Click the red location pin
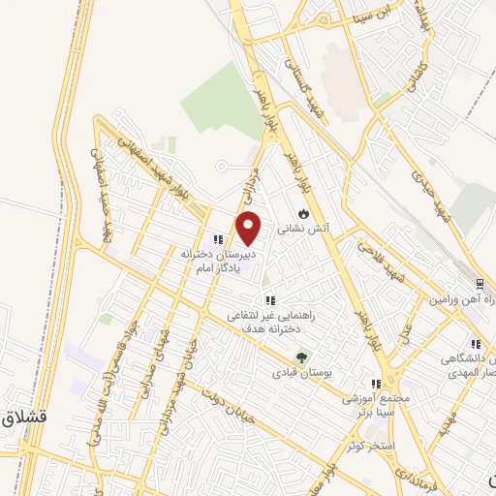pyautogui.click(x=249, y=228)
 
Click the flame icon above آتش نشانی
pyautogui.click(x=303, y=213)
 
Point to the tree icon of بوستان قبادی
pyautogui.click(x=300, y=356)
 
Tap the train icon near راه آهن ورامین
pyautogui.click(x=480, y=283)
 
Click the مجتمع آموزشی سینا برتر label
pyautogui.click(x=377, y=404)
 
